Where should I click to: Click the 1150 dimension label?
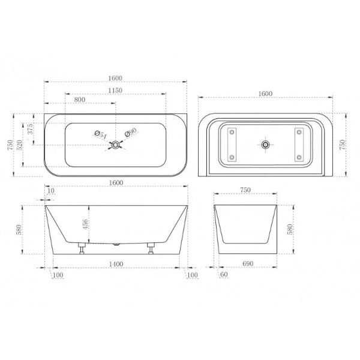pyautogui.click(x=115, y=91)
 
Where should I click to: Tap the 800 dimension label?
pyautogui.click(x=80, y=100)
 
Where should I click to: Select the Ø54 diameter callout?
pyautogui.click(x=101, y=134)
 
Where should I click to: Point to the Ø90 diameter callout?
pyautogui.click(x=131, y=132)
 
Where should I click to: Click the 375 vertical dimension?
pyautogui.click(x=31, y=129)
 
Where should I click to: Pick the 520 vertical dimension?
pyautogui.click(x=19, y=145)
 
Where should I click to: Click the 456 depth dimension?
pyautogui.click(x=85, y=224)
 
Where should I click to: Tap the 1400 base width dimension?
pyautogui.click(x=116, y=264)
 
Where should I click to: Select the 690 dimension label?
pyautogui.click(x=248, y=263)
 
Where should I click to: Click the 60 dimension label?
pyautogui.click(x=224, y=274)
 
